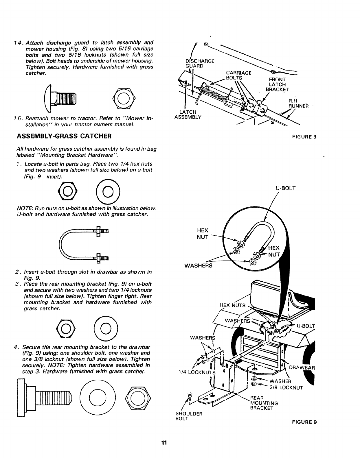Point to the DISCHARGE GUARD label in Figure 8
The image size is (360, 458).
(199, 63)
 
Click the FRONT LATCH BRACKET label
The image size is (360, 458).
(277, 84)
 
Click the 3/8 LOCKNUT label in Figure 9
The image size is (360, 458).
(286, 388)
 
